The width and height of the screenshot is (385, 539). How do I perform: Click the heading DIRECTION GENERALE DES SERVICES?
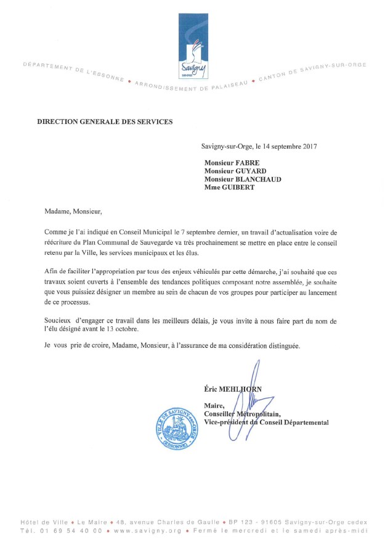point(105,121)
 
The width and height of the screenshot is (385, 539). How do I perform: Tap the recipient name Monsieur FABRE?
point(232,162)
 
